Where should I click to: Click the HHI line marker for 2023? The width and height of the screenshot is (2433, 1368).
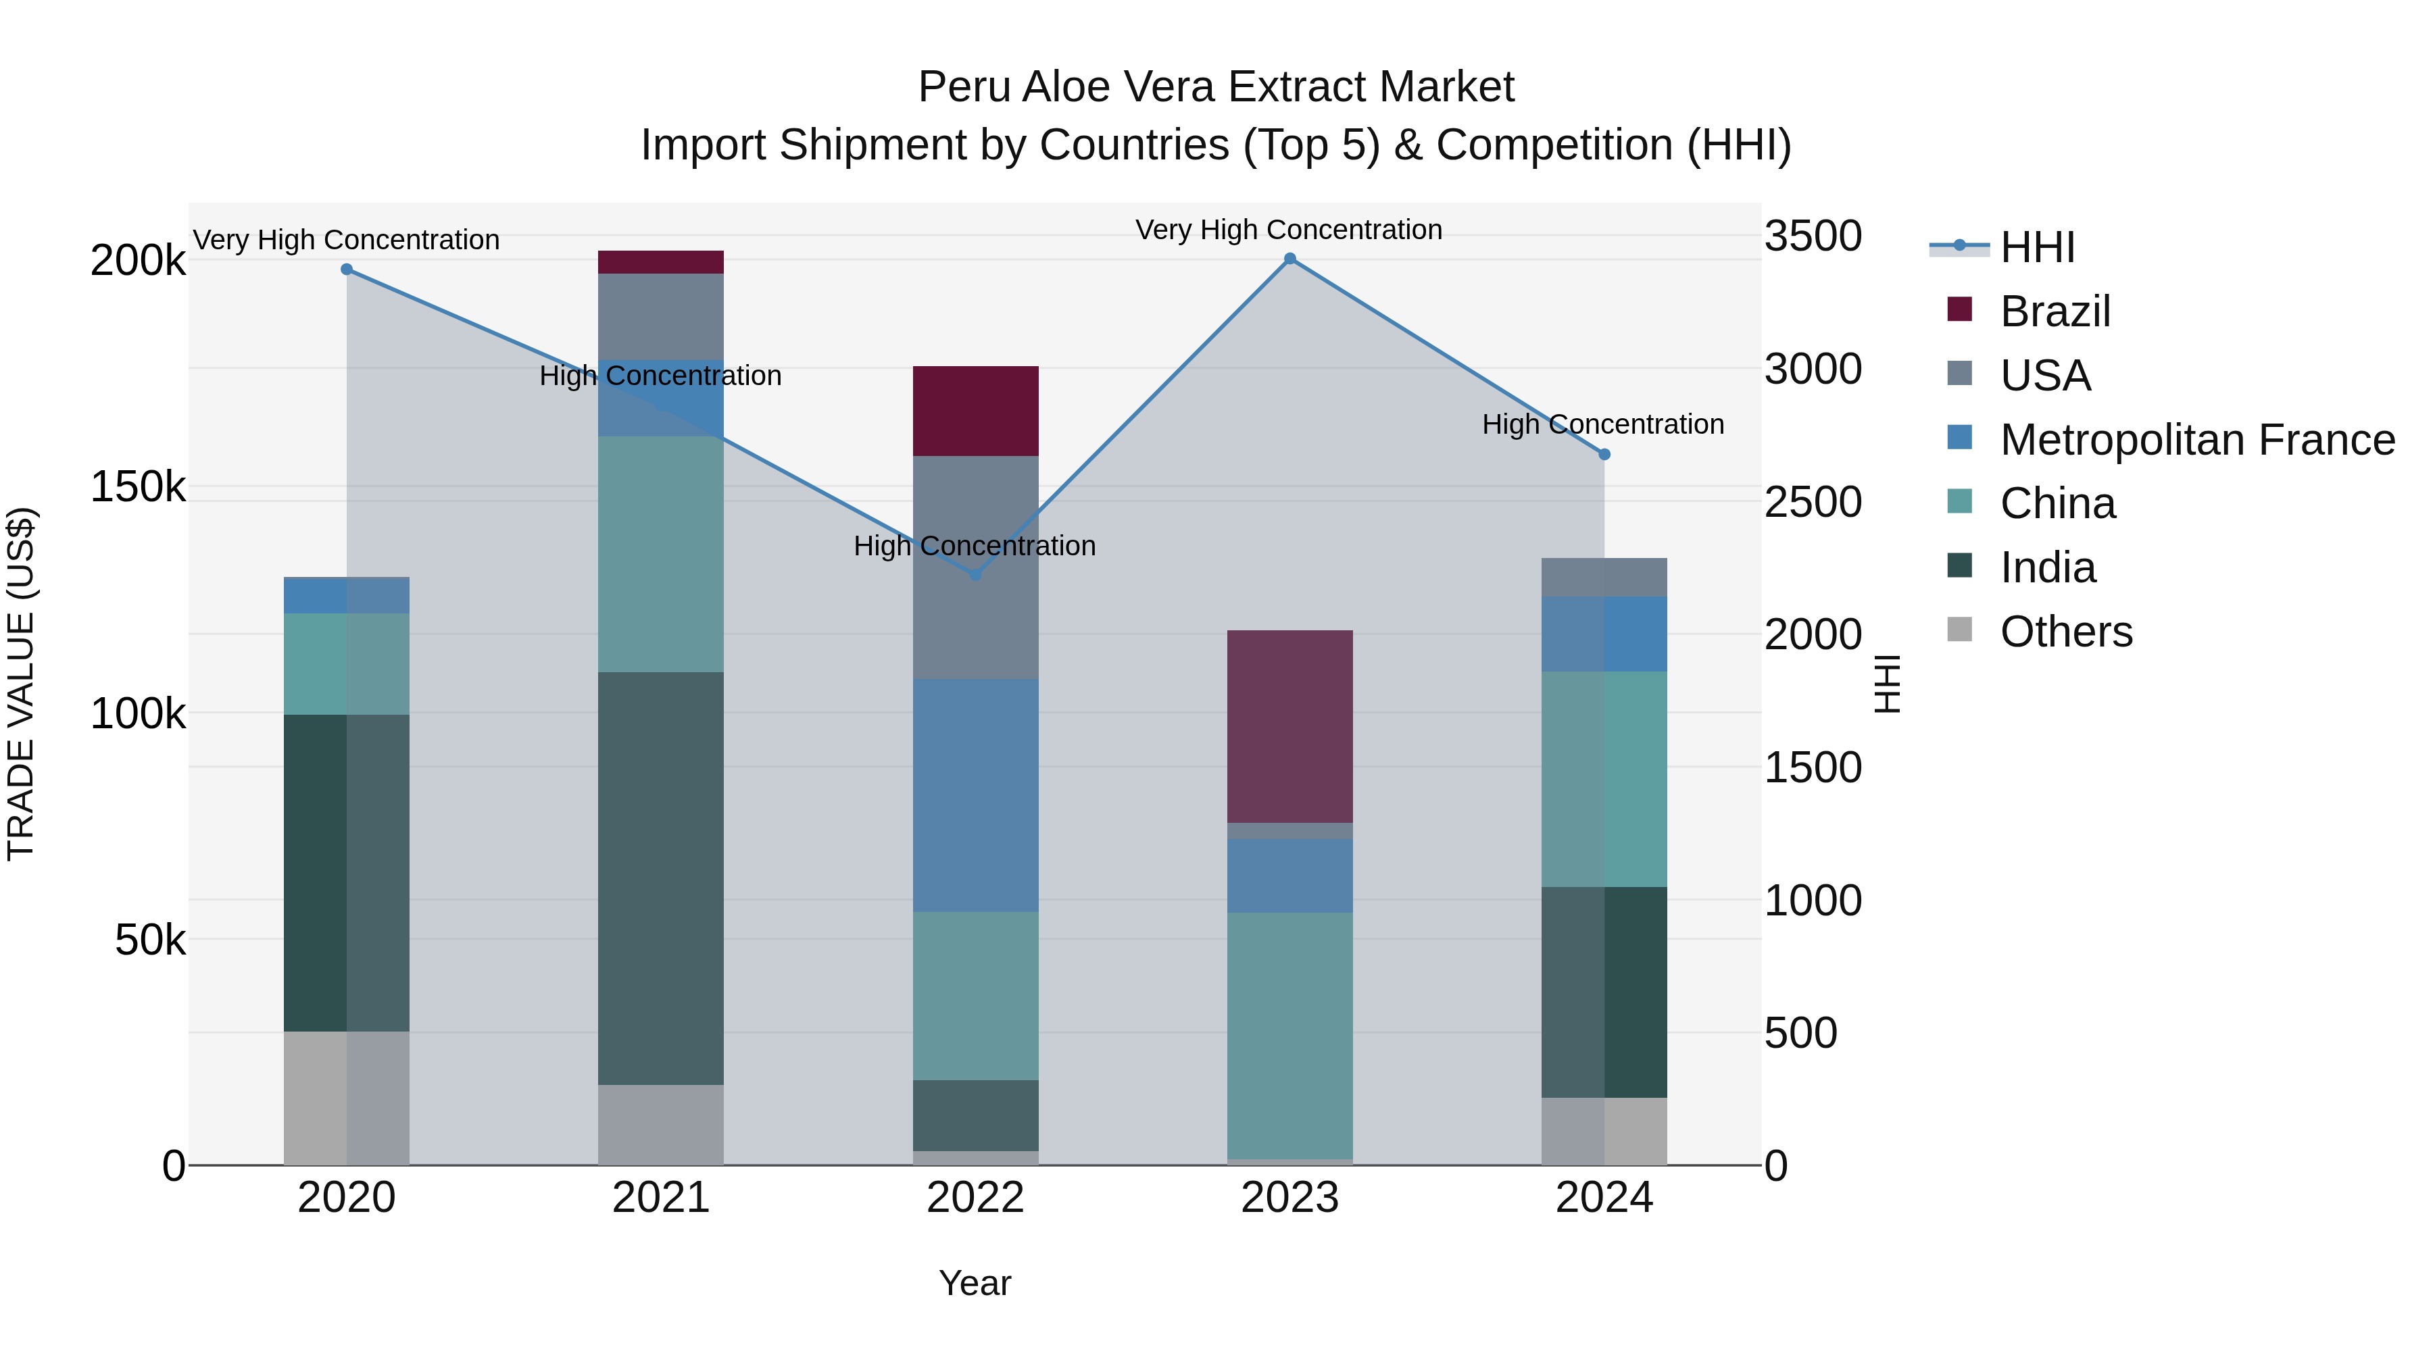[1289, 259]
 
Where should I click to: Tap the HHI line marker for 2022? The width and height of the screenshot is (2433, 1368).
[976, 574]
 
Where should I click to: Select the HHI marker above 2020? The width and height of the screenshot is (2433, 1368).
[347, 269]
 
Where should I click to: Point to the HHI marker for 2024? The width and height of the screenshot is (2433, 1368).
[1604, 454]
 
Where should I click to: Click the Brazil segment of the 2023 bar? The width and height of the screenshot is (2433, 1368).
[1289, 726]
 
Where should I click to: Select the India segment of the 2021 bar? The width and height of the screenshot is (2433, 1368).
[660, 878]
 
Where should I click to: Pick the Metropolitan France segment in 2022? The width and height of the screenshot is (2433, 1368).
[976, 795]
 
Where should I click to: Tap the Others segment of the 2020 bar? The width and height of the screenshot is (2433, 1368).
[347, 1098]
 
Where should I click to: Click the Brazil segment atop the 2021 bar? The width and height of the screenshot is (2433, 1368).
[660, 261]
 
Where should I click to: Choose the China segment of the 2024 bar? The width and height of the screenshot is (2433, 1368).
[1604, 779]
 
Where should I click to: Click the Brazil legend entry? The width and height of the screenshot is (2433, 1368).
[2055, 311]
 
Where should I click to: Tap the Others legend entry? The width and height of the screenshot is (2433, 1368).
[2065, 632]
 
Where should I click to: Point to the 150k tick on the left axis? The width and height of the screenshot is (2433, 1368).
[138, 487]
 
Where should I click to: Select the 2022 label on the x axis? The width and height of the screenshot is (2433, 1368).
[976, 1198]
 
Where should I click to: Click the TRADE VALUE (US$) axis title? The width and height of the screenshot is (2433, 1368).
[21, 684]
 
